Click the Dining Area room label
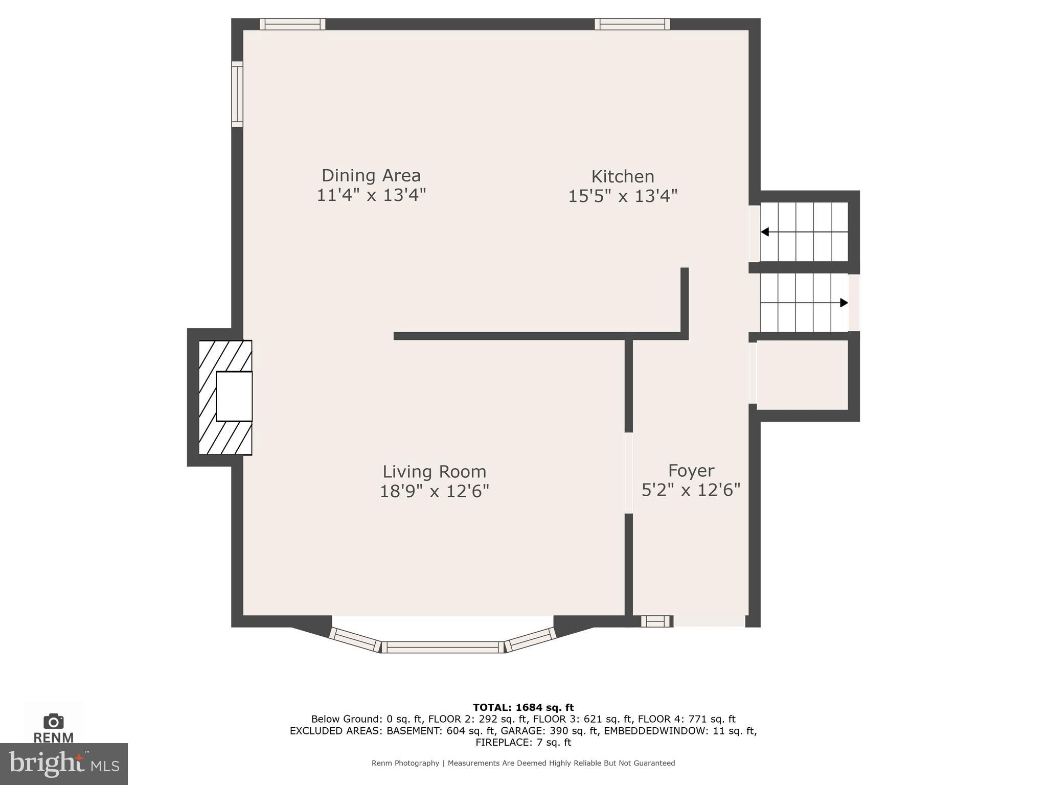(371, 176)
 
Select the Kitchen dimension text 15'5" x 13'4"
(622, 196)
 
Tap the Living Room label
(434, 471)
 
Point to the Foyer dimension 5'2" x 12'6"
(691, 491)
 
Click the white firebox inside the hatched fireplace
(234, 397)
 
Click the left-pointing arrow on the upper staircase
(765, 232)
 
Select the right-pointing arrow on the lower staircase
(844, 303)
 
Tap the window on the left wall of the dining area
(237, 94)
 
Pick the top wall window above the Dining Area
(292, 24)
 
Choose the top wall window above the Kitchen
(632, 24)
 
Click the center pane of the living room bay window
(443, 647)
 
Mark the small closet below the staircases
(802, 375)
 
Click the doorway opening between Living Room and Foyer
(629, 473)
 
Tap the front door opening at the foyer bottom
(709, 621)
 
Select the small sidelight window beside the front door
(655, 621)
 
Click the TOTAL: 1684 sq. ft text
(523, 708)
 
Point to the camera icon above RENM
(53, 722)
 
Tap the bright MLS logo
(63, 764)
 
